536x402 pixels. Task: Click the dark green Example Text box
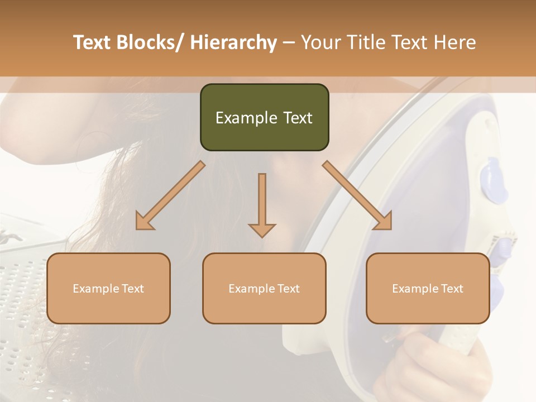(x=264, y=117)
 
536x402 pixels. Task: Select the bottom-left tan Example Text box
(x=108, y=288)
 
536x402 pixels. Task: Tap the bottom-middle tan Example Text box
(x=264, y=288)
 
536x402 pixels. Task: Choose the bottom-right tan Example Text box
(x=428, y=288)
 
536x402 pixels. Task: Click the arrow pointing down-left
(x=170, y=195)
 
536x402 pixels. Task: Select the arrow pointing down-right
(x=357, y=195)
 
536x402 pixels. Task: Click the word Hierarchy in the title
(x=233, y=42)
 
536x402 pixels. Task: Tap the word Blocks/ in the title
(x=150, y=42)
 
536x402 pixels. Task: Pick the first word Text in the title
(x=94, y=42)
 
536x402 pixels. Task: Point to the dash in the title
(x=289, y=43)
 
